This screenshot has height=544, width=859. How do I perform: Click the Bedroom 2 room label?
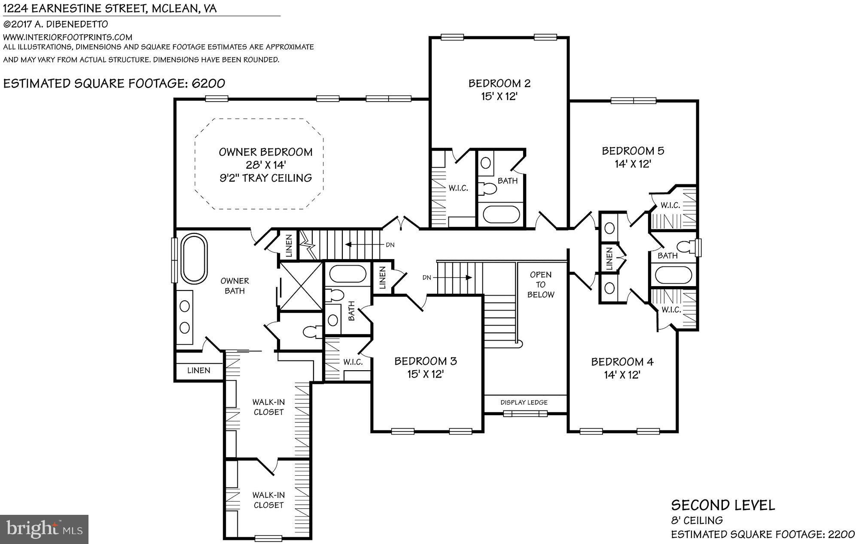pos(499,83)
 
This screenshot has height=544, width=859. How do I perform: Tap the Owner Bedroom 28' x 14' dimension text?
pos(265,165)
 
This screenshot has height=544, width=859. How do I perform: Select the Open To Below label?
pos(541,284)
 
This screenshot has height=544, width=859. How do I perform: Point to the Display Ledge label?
pos(524,402)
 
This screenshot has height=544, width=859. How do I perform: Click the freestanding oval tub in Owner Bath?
pos(194,258)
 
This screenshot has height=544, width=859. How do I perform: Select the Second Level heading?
pos(723,505)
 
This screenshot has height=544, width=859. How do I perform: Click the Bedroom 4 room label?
pos(622,362)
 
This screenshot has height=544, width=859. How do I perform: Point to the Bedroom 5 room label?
pos(633,151)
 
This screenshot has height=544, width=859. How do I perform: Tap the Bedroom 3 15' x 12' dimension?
pos(425,375)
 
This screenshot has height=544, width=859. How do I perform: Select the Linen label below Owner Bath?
pos(198,370)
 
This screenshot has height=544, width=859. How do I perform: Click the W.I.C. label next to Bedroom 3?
pos(353,362)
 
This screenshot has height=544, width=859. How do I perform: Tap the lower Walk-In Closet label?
pos(268,500)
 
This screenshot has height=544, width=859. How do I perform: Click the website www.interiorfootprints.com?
pos(68,37)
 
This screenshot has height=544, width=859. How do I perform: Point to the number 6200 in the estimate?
pos(208,83)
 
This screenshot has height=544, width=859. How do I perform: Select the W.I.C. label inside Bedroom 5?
pos(670,206)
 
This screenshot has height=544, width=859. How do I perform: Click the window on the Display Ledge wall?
pos(525,414)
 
